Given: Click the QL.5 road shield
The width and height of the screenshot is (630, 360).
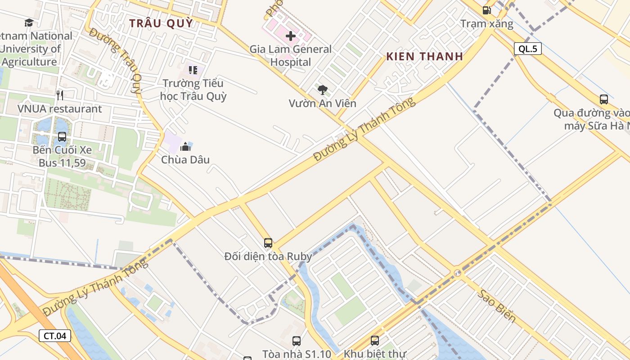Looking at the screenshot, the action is (x=527, y=49).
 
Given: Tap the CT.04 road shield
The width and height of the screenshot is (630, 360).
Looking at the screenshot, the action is (x=55, y=335).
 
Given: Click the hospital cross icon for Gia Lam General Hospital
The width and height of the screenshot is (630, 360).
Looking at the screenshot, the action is (x=291, y=36).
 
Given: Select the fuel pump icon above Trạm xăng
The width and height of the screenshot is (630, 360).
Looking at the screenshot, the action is (x=486, y=10).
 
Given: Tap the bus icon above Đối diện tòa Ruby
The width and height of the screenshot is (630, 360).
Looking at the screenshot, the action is (x=268, y=243).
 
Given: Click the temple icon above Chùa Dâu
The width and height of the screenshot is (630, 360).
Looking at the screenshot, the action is (x=185, y=146).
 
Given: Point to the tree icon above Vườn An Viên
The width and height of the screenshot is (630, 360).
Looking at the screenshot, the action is (x=322, y=90).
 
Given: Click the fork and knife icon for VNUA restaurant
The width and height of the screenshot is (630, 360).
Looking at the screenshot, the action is (x=60, y=95).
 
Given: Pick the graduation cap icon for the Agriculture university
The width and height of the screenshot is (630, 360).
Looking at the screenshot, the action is (x=29, y=22).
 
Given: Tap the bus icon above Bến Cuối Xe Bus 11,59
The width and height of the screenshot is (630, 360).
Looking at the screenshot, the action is (x=62, y=136).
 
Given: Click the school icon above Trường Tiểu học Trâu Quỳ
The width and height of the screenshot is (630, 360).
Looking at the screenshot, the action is (x=193, y=70).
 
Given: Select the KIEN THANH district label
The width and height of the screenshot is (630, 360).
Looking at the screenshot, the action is (x=424, y=56).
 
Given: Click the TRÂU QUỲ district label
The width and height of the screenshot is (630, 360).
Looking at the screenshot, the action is (x=161, y=23).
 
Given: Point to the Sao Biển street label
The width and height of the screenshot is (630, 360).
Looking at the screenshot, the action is (x=496, y=306).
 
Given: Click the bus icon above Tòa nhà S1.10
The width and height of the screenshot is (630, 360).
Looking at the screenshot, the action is (x=297, y=341).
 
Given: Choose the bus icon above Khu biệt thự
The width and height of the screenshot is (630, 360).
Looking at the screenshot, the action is (x=375, y=341).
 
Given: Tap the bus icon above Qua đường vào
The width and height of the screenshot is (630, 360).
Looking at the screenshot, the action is (x=604, y=99).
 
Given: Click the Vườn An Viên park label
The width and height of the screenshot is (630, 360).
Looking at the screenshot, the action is (x=322, y=103).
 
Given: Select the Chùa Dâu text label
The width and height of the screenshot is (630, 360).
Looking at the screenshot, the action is (x=185, y=160).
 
